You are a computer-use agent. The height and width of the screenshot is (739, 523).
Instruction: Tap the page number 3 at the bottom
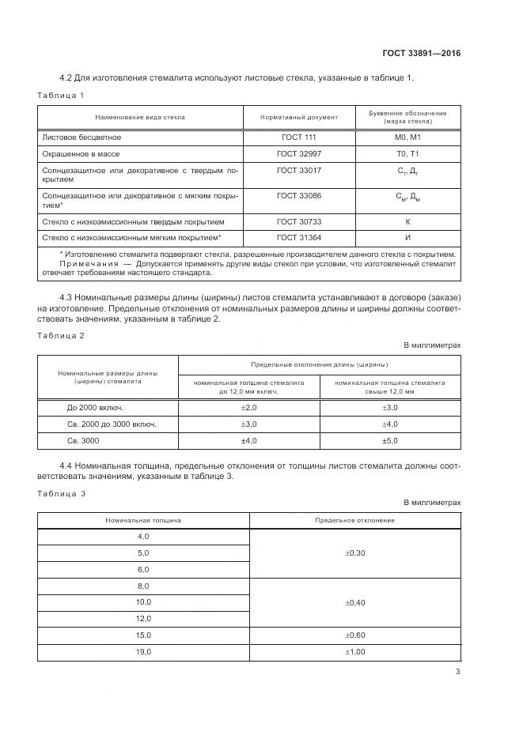pyautogui.click(x=457, y=672)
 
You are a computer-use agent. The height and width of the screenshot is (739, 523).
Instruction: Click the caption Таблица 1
pyautogui.click(x=60, y=95)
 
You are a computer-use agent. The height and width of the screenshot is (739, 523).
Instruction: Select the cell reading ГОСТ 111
pyautogui.click(x=298, y=137)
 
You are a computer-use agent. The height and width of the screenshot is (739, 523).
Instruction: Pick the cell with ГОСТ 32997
pyautogui.click(x=298, y=153)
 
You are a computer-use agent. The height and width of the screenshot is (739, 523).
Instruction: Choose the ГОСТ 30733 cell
pyautogui.click(x=298, y=222)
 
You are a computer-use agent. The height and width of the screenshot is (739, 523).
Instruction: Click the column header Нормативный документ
pyautogui.click(x=298, y=117)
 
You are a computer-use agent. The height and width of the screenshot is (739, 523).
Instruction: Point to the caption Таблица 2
pyautogui.click(x=61, y=336)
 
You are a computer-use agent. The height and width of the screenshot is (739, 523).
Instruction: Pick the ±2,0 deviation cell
pyautogui.click(x=249, y=407)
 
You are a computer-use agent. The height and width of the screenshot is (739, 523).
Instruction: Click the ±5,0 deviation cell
pyautogui.click(x=390, y=440)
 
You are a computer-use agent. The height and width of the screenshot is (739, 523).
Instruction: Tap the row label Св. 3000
pyautogui.click(x=82, y=440)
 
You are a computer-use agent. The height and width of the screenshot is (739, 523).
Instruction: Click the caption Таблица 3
pyautogui.click(x=61, y=494)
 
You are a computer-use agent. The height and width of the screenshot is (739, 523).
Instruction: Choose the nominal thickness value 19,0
pyautogui.click(x=143, y=651)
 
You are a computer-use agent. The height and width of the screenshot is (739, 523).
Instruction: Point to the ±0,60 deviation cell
pyautogui.click(x=355, y=635)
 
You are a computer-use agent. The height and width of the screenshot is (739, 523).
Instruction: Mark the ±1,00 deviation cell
pyautogui.click(x=355, y=651)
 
